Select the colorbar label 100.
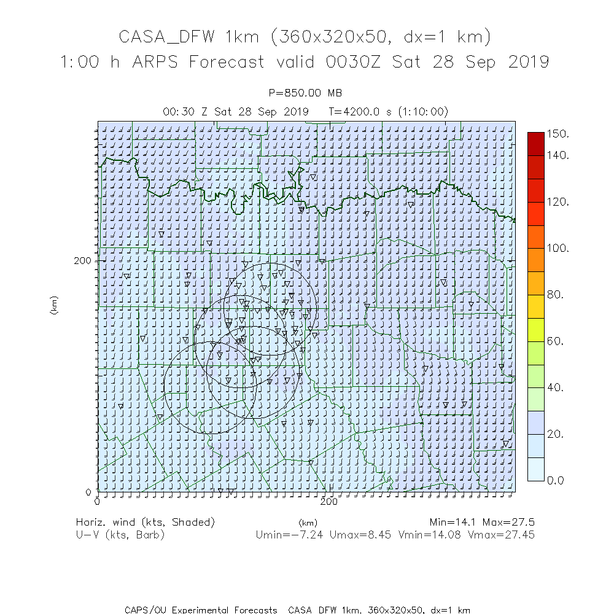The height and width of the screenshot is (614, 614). point(558,248)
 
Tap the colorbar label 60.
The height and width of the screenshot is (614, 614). point(556,341)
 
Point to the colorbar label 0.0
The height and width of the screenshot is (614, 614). point(556,480)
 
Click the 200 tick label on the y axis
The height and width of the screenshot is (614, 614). point(82,260)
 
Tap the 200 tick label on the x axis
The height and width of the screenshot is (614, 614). point(330,502)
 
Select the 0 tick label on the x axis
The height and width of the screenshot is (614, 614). point(98,502)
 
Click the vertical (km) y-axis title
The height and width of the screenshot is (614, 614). point(54,305)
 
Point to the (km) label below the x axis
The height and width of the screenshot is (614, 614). point(308,523)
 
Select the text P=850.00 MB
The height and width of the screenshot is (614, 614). point(306,93)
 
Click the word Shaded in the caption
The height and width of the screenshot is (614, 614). point(193,523)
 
